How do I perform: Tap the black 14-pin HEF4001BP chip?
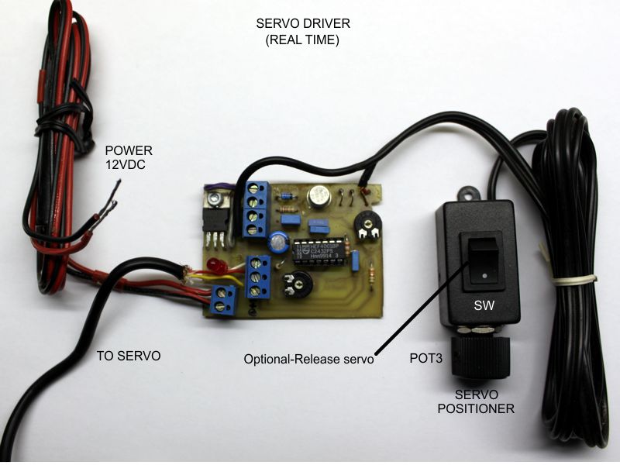319,252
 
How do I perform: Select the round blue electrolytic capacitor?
277,243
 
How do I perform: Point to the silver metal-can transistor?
318,197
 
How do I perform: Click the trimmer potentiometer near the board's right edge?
369,226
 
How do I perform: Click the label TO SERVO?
128,356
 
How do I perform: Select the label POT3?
425,360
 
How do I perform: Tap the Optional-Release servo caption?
308,360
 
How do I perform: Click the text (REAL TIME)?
298,39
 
